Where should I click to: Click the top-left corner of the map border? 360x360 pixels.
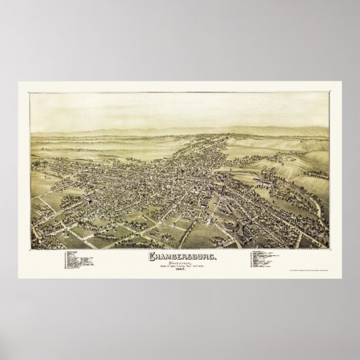click(31, 94)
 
